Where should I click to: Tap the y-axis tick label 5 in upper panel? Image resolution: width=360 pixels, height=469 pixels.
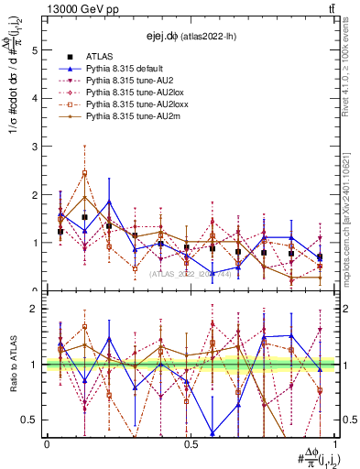point(36,51)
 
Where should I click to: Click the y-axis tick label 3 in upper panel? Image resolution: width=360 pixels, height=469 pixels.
point(36,147)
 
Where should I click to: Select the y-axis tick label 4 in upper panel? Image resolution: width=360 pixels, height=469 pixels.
point(36,99)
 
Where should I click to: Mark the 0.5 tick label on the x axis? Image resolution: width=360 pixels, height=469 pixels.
point(191,444)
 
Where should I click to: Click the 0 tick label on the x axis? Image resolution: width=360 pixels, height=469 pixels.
point(47,444)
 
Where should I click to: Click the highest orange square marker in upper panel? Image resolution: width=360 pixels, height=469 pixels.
point(84,173)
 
